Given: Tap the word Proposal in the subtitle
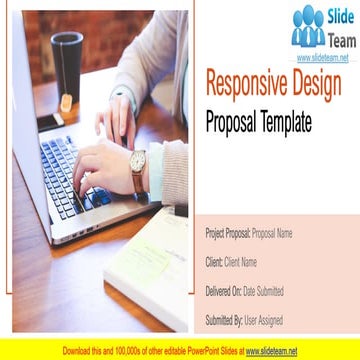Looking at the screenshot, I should point(230,122).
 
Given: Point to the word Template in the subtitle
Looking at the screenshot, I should point(284,122).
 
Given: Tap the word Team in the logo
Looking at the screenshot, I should point(340,36).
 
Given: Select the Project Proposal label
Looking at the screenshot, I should point(228,233).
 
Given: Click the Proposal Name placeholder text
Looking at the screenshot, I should point(272,233).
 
